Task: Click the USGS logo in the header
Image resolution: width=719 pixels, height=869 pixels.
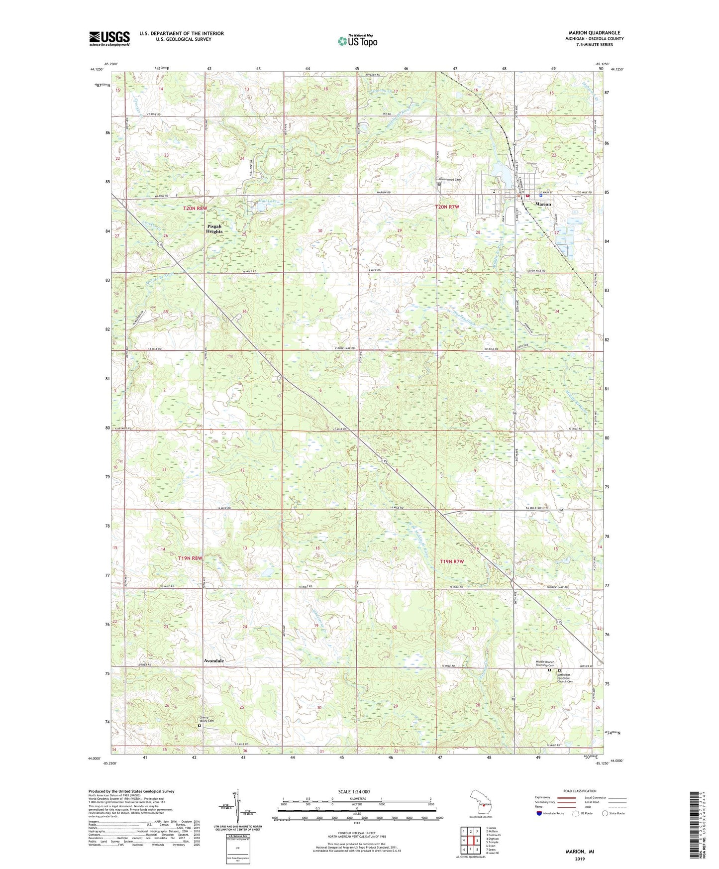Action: pyautogui.click(x=109, y=38)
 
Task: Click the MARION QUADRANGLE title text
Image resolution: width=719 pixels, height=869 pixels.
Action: pyautogui.click(x=594, y=33)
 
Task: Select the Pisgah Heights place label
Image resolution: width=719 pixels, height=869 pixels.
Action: pyautogui.click(x=214, y=228)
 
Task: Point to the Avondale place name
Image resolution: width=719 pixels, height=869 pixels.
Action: pyautogui.click(x=213, y=661)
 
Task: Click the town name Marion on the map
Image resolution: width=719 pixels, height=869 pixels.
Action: pyautogui.click(x=543, y=204)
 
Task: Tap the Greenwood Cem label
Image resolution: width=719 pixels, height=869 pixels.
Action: pyautogui.click(x=449, y=180)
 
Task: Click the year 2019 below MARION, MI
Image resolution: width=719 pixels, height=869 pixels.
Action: pyautogui.click(x=579, y=859)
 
